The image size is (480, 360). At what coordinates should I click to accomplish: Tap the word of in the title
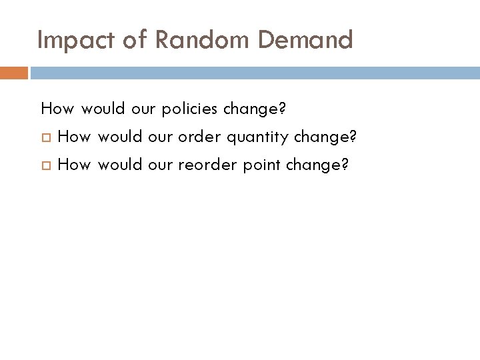[x=135, y=41]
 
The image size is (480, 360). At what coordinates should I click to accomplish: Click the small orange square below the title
[x=13, y=73]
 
